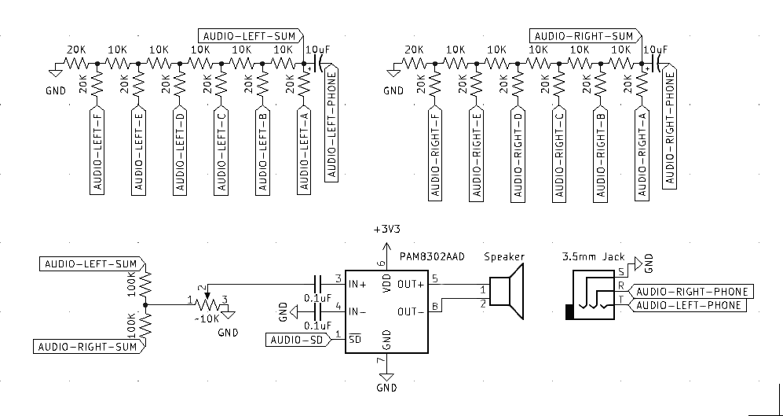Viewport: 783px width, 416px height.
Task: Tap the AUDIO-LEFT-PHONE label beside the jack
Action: point(689,305)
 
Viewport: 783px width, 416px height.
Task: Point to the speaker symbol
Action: point(507,292)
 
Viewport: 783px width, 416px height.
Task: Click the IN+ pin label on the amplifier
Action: point(359,282)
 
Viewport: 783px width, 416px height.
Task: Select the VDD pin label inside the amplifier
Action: point(386,283)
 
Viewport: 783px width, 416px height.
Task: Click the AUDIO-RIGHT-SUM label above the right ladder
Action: point(584,35)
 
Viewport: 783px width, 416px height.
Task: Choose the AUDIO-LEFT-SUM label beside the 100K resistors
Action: point(87,263)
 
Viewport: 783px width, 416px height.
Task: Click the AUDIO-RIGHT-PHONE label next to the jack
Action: point(691,292)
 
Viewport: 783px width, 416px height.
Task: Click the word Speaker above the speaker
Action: point(503,257)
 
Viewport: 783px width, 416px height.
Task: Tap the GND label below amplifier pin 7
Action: point(386,388)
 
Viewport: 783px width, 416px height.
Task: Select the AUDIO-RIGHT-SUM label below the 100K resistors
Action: point(88,346)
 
